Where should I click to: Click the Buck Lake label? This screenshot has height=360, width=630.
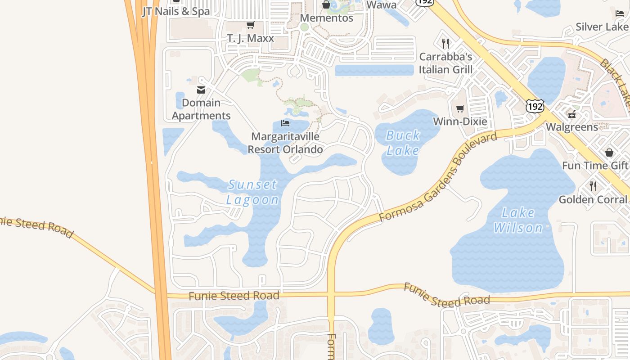pyautogui.click(x=403, y=143)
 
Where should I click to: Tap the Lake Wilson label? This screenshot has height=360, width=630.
pyautogui.click(x=518, y=220)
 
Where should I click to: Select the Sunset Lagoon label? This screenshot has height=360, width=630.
pyautogui.click(x=252, y=192)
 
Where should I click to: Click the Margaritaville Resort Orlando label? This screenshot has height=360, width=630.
pyautogui.click(x=285, y=143)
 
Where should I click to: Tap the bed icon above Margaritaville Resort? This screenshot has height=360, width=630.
pyautogui.click(x=285, y=123)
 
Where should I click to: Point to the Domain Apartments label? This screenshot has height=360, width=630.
pyautogui.click(x=201, y=109)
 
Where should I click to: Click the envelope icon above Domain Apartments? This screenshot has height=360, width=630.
pyautogui.click(x=201, y=90)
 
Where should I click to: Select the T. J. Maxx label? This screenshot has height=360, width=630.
pyautogui.click(x=250, y=38)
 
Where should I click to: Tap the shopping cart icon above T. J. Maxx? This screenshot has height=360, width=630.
pyautogui.click(x=250, y=25)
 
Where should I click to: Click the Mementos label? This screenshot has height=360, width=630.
pyautogui.click(x=326, y=18)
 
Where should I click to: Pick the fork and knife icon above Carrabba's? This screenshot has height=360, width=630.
pyautogui.click(x=445, y=44)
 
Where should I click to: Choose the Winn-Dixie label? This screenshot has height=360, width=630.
pyautogui.click(x=460, y=121)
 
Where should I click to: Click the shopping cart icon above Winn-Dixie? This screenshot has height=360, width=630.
pyautogui.click(x=460, y=109)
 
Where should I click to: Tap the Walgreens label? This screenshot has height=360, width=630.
pyautogui.click(x=572, y=127)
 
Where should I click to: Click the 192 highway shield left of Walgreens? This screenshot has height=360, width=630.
pyautogui.click(x=535, y=106)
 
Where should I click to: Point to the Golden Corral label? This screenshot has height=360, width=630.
pyautogui.click(x=593, y=199)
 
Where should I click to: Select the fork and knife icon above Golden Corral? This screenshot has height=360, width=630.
pyautogui.click(x=593, y=186)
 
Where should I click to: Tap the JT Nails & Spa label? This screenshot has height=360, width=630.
pyautogui.click(x=176, y=11)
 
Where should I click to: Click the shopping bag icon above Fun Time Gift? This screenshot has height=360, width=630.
pyautogui.click(x=609, y=153)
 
